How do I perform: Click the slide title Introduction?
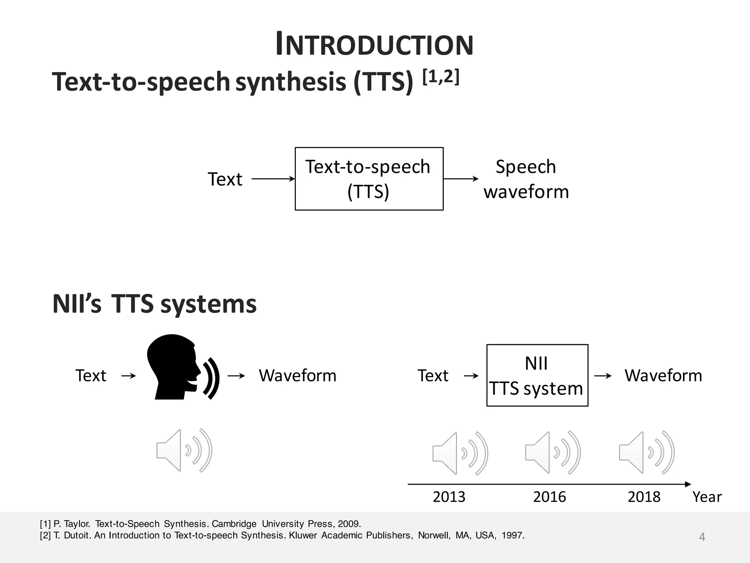pyautogui.click(x=374, y=45)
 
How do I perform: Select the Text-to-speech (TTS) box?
pyautogui.click(x=369, y=179)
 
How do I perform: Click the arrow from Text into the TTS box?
pyautogui.click(x=273, y=179)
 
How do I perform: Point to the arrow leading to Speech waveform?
pyautogui.click(x=461, y=179)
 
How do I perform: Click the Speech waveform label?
pyautogui.click(x=526, y=179)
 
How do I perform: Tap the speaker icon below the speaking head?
pyautogui.click(x=184, y=450)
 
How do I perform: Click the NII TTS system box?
pyautogui.click(x=537, y=375)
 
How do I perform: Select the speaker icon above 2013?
pyautogui.click(x=460, y=453)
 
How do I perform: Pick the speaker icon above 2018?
pyautogui.click(x=646, y=452)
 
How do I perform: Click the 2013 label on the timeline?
pyautogui.click(x=449, y=497)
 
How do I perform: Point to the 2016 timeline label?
pyautogui.click(x=549, y=497)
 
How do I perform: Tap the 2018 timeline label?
pyautogui.click(x=644, y=497)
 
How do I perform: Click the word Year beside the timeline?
pyautogui.click(x=707, y=497)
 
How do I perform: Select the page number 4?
pyautogui.click(x=702, y=537)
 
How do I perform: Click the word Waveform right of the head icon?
pyautogui.click(x=297, y=376)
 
